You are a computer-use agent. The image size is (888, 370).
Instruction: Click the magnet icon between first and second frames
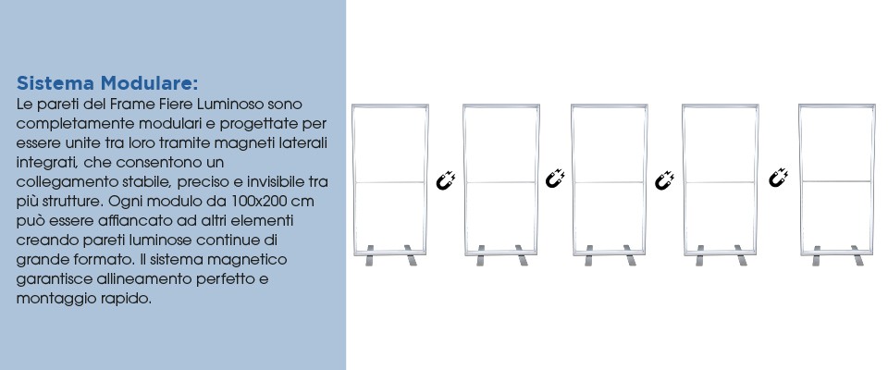[x=446, y=179]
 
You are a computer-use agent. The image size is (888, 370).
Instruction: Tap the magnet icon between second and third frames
[x=555, y=179]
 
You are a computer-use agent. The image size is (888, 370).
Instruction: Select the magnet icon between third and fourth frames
[x=664, y=180]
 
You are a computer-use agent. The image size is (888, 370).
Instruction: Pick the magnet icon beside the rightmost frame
[x=778, y=178]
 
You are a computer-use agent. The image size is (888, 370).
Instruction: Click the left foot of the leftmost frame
[x=370, y=255]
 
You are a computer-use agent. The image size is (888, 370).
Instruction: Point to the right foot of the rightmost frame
[x=858, y=255]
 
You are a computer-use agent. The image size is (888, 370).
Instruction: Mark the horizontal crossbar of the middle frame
[x=610, y=182]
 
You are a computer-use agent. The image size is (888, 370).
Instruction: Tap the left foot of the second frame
[x=480, y=255]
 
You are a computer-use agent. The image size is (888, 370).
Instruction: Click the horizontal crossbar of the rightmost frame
[x=837, y=181]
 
